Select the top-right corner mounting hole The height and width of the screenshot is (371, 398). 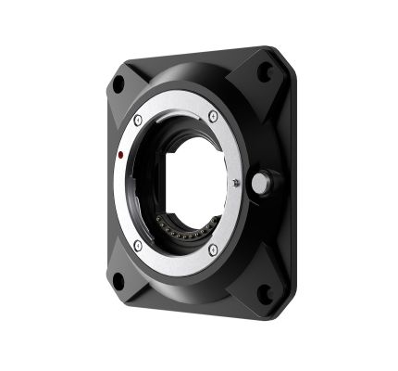(265, 71)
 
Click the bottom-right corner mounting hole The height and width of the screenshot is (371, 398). (264, 295)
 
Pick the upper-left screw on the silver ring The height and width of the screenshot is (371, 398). (138, 120)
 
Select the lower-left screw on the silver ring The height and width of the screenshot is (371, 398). (138, 245)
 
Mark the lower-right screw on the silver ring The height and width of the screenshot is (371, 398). (213, 250)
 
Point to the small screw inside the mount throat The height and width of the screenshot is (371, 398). (235, 184)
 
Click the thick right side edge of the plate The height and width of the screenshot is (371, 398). (288, 185)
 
